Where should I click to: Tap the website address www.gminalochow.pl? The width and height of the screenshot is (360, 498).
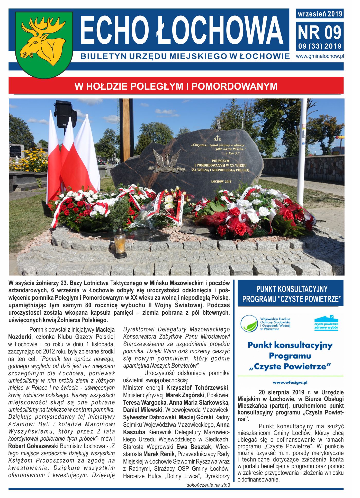[320, 56]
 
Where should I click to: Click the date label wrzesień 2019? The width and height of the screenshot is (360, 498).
[320, 14]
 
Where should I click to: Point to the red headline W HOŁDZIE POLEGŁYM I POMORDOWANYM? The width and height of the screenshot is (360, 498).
[176, 86]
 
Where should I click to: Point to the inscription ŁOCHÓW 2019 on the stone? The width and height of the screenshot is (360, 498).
[221, 181]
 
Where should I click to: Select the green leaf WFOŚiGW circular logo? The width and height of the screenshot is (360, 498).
[249, 323]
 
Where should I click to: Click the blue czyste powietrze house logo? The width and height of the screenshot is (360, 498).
[326, 323]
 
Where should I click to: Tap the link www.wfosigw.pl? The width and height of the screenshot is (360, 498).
[290, 383]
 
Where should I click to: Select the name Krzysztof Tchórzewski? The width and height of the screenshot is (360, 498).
[197, 387]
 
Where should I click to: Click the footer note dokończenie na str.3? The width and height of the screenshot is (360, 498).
[208, 485]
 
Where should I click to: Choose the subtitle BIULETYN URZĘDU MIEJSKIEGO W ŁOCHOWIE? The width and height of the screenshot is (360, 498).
[185, 56]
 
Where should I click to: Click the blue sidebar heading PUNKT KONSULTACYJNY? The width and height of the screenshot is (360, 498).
[292, 289]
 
